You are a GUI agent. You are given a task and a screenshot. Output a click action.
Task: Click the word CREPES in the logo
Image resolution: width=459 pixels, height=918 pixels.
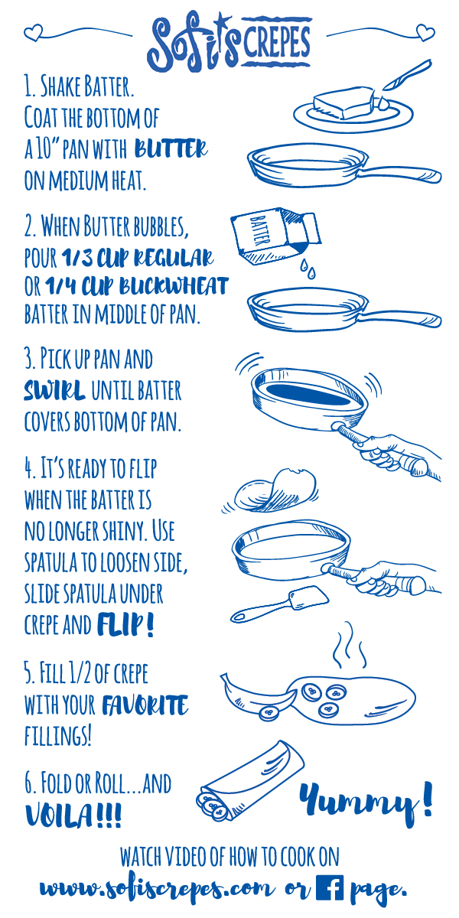(277, 42)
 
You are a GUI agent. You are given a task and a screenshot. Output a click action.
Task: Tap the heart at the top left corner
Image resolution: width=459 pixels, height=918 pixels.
(33, 32)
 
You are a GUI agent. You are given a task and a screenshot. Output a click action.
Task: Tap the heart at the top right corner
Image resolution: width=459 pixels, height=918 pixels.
(425, 32)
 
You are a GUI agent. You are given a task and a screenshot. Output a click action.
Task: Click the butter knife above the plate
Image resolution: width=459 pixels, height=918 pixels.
(406, 75)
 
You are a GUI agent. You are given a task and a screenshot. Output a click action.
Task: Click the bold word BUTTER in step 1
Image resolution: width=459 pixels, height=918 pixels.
(171, 148)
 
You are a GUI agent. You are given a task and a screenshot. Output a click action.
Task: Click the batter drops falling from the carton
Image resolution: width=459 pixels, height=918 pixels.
(308, 269)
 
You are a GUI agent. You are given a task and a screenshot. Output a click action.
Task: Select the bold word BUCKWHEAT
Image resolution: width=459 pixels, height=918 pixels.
(174, 286)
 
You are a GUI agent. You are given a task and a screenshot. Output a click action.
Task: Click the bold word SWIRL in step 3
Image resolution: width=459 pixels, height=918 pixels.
(54, 390)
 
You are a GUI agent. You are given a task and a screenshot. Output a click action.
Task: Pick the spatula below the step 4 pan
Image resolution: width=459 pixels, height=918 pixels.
(279, 604)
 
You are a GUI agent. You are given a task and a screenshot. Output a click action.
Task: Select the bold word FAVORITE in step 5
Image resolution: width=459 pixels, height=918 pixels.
(145, 705)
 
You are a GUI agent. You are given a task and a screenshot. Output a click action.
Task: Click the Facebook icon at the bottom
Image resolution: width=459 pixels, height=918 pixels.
(330, 887)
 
